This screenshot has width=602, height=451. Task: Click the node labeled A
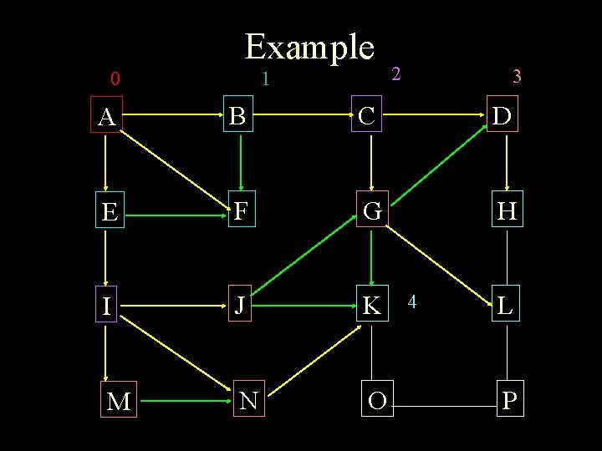click(106, 118)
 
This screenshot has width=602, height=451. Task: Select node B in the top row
click(239, 117)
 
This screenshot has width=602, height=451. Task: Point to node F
click(240, 211)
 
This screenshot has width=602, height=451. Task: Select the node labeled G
click(372, 212)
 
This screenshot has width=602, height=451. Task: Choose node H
click(507, 212)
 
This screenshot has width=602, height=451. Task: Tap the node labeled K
click(371, 307)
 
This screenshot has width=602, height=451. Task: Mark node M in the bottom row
click(119, 402)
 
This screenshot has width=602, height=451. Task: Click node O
click(377, 401)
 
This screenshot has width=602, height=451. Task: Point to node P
click(509, 401)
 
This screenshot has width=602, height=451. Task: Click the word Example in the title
click(309, 47)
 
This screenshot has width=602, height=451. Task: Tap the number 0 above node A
click(115, 80)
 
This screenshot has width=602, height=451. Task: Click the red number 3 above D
click(517, 77)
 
